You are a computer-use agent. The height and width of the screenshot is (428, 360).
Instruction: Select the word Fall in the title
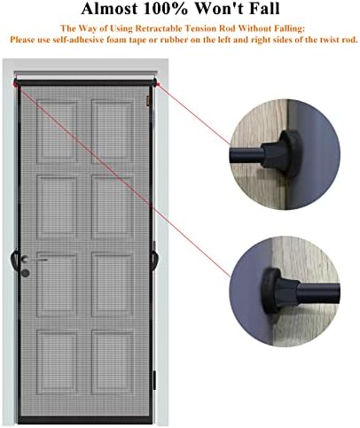pos(260,11)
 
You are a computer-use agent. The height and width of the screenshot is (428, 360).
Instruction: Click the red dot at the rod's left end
pos(17,84)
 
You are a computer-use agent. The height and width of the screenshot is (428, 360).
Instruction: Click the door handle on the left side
pos(14,259)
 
